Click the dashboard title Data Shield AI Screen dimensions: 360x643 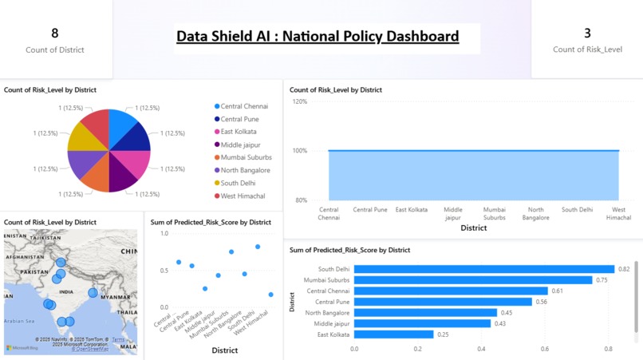tap(317, 36)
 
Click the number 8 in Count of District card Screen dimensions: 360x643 tap(54, 33)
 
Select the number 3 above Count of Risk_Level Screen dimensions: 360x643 tap(587, 33)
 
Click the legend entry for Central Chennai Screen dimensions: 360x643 tap(244, 106)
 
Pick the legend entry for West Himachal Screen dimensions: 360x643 tap(243, 196)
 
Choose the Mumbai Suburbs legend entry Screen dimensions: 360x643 tap(246, 157)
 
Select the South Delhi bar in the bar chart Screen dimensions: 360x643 tap(483, 269)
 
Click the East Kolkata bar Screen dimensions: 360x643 tap(393, 334)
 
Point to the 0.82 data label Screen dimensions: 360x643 tap(624, 269)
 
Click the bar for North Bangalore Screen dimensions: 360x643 tap(425, 312)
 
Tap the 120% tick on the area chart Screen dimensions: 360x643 tap(300, 101)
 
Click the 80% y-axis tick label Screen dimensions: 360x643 tap(302, 200)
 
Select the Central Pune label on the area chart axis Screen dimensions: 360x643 tap(370, 210)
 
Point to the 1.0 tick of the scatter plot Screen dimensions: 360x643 tap(164, 233)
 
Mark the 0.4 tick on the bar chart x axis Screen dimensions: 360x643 tap(481, 348)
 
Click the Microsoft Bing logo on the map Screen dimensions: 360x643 tap(22, 348)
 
